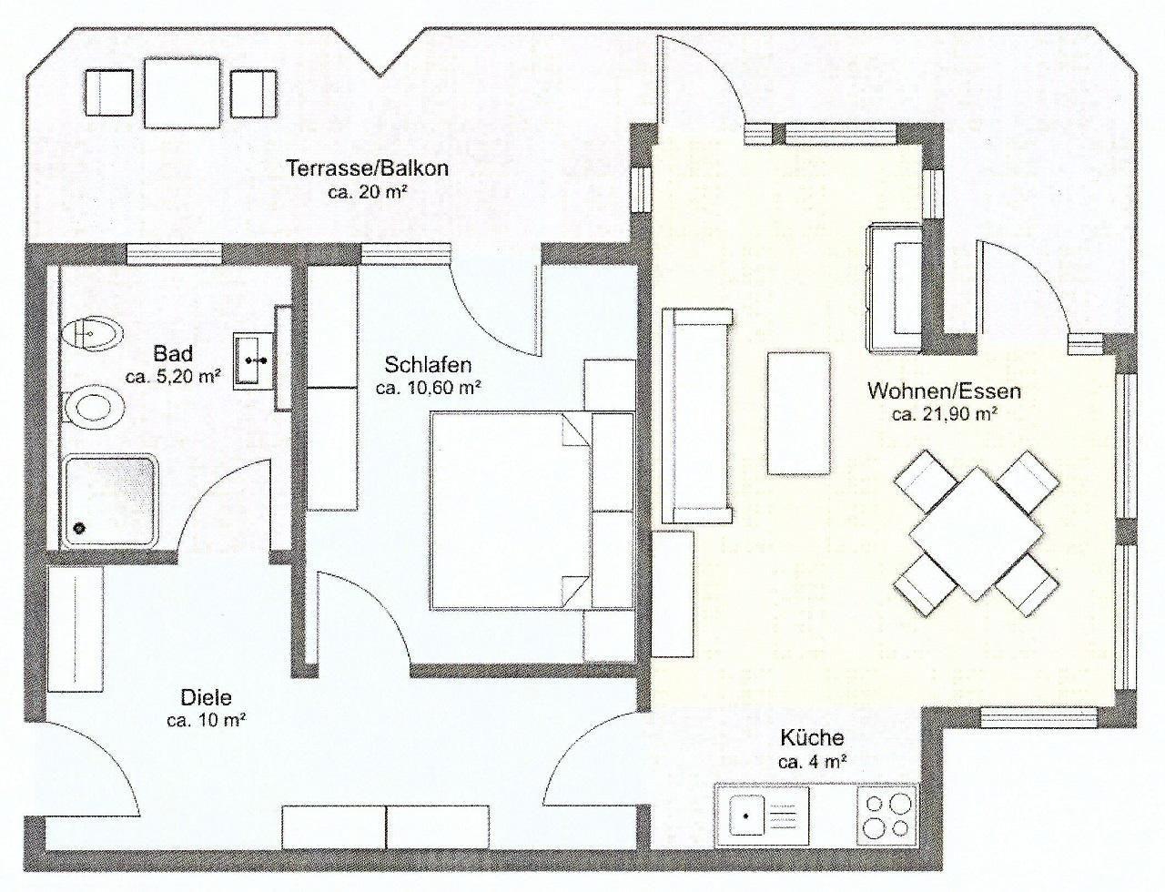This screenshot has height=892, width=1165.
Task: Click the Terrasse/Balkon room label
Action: pos(367,168)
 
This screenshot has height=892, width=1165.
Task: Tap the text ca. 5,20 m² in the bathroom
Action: pos(173,376)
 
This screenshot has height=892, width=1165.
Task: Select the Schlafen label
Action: pos(428,365)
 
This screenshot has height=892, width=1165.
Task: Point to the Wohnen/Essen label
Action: pos(944,390)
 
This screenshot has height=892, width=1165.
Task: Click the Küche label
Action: pos(812,738)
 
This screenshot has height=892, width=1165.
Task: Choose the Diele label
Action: pos(206,697)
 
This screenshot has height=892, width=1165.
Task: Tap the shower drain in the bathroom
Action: pos(80,528)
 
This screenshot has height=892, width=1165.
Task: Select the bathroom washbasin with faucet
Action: pos(252,360)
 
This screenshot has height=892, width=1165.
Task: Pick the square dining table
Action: pos(976,532)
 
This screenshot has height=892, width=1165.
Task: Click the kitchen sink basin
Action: pos(747,816)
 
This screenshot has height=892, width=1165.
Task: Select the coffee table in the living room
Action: pos(798,412)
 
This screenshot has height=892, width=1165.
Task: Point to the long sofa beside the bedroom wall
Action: pos(696,416)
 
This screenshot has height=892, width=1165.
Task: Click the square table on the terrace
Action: pos(182,93)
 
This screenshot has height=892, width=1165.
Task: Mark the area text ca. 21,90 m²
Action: pos(944,414)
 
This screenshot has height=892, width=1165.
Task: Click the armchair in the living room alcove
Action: pos(894,288)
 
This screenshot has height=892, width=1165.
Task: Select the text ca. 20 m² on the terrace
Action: pos(366,192)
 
